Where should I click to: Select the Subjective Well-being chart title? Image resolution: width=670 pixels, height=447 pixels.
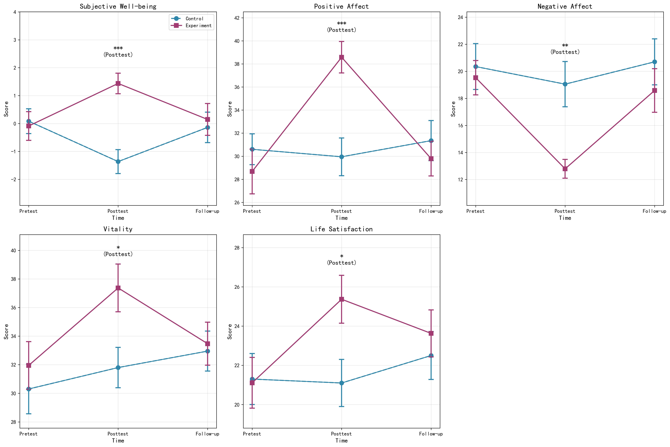[x=118, y=6]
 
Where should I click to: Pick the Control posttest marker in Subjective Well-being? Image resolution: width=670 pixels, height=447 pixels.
[x=118, y=162]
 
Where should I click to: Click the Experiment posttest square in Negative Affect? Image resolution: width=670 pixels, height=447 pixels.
[x=565, y=169]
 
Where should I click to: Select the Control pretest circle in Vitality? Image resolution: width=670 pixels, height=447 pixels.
[x=29, y=389]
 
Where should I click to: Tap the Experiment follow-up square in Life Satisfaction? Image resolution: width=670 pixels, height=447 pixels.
[x=431, y=333]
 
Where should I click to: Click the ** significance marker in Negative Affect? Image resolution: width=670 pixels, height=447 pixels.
[x=565, y=46]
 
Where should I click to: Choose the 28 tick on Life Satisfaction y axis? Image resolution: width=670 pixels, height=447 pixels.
[x=236, y=248]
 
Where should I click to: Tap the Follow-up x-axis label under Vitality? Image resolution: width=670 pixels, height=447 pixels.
[x=207, y=434]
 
